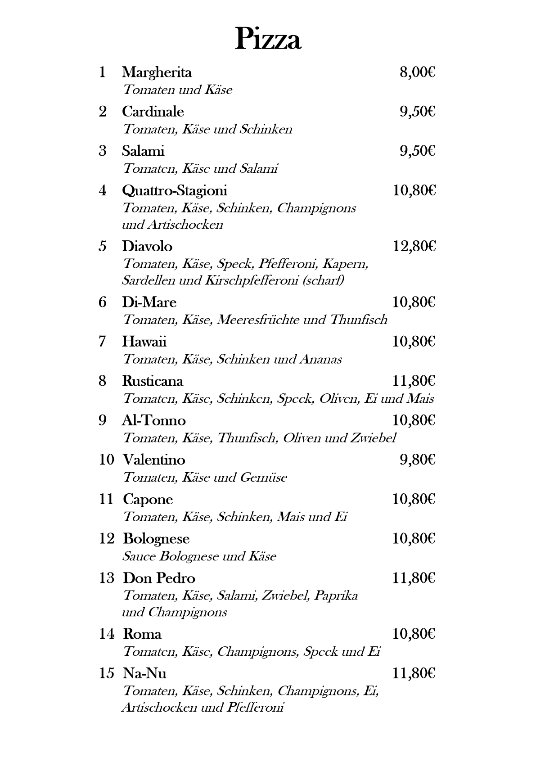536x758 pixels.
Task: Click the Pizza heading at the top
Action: pos(268,39)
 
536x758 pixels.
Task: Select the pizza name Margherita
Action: pos(157,72)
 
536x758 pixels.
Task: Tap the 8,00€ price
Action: pos(417,72)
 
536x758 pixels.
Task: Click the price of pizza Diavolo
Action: pos(414,246)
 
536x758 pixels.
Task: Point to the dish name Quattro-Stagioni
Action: pos(175,191)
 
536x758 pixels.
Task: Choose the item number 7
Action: pos(102,342)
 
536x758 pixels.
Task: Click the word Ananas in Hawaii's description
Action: pos(320,359)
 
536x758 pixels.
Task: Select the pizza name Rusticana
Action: pos(153,381)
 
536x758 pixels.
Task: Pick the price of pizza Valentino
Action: pos(417,460)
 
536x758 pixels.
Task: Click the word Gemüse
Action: pos(263,477)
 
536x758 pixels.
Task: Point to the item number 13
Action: pos(107,578)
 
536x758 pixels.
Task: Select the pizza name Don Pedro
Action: pos(159,578)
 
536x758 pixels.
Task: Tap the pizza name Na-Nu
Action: pos(144,673)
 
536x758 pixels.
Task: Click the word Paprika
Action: pos(336,596)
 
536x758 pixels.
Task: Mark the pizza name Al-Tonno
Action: pos(154,420)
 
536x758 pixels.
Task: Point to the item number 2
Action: pos(103,112)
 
